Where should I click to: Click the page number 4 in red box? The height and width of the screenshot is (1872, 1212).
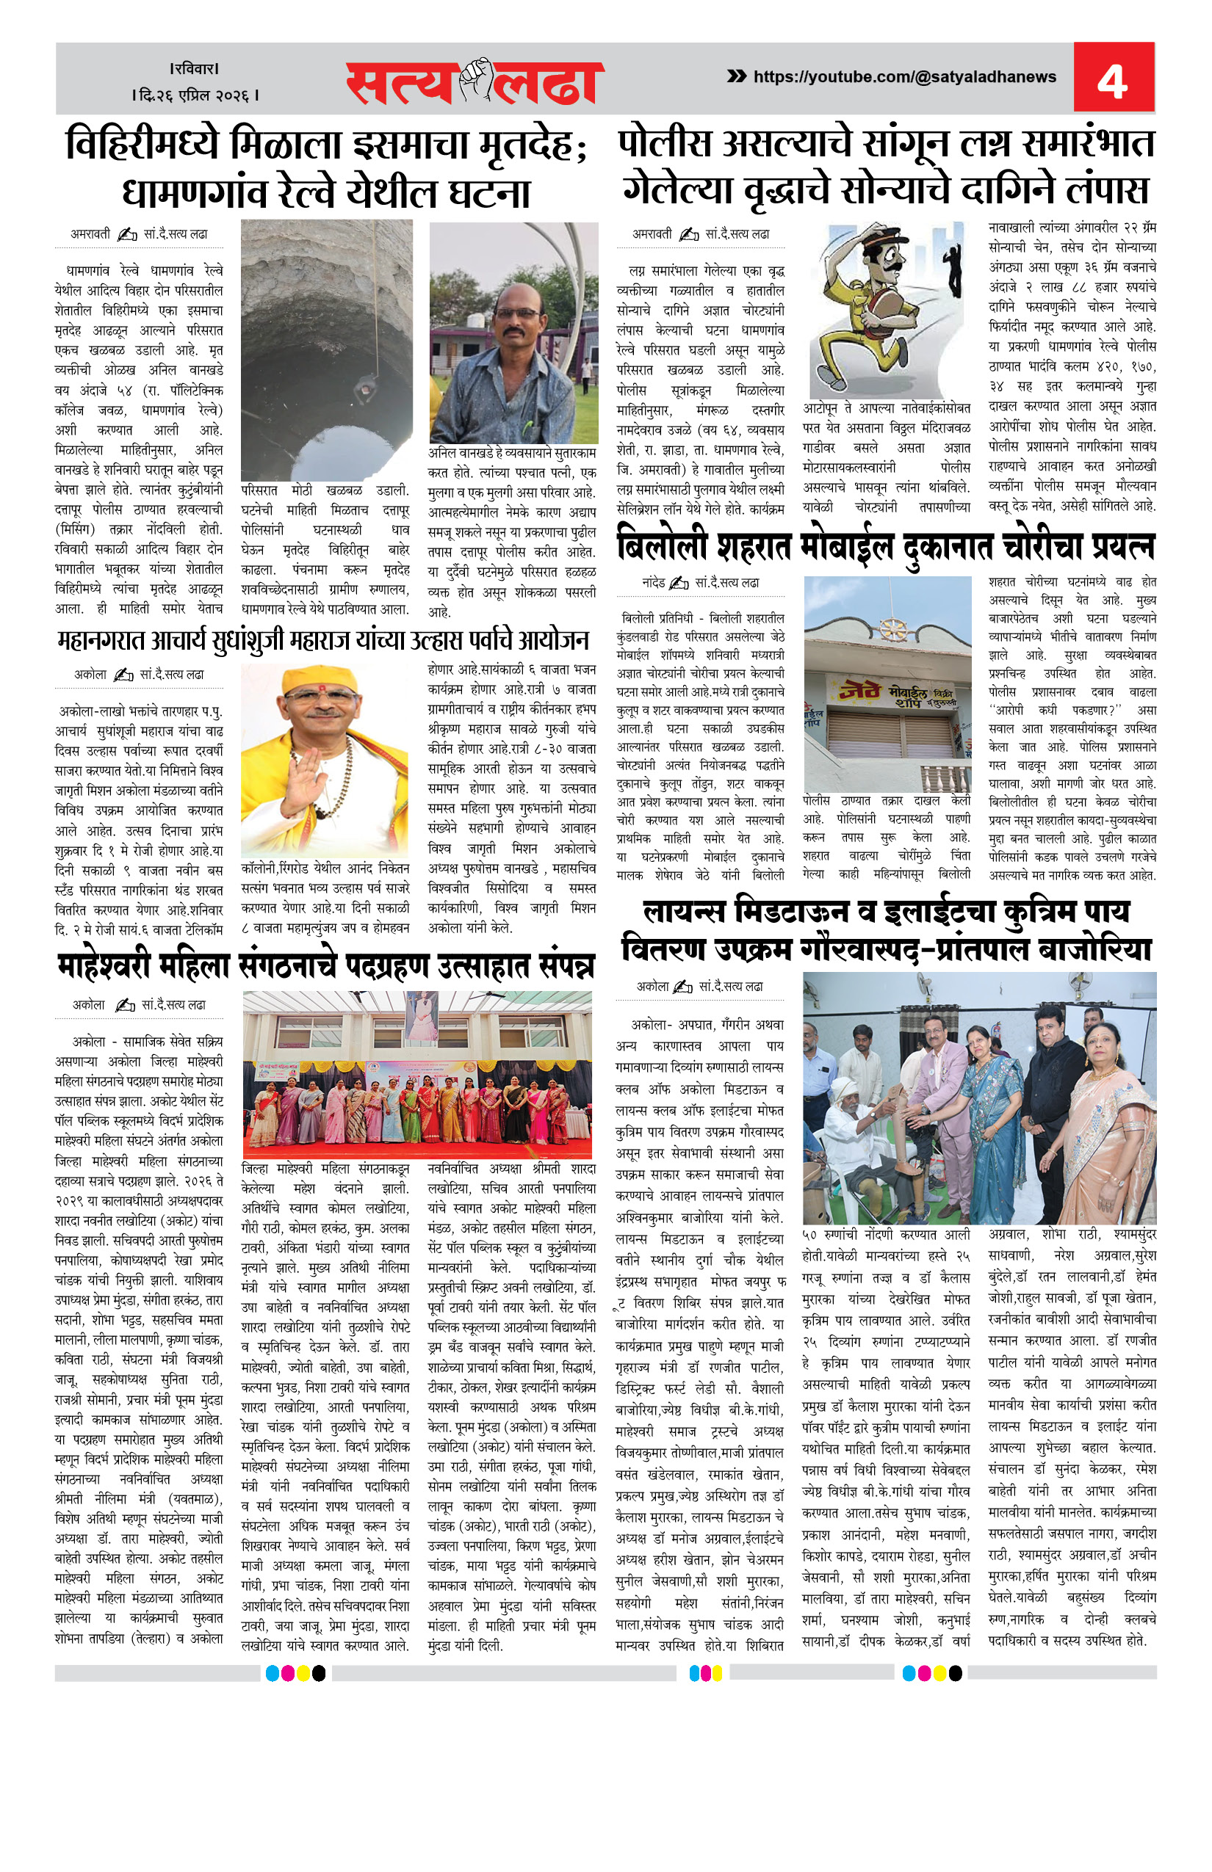click(x=1112, y=79)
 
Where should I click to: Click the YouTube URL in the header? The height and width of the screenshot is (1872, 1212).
click(x=904, y=76)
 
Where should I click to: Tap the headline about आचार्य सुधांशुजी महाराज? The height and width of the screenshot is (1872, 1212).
click(x=322, y=640)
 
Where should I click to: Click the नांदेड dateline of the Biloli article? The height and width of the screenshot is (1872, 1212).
click(x=653, y=583)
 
